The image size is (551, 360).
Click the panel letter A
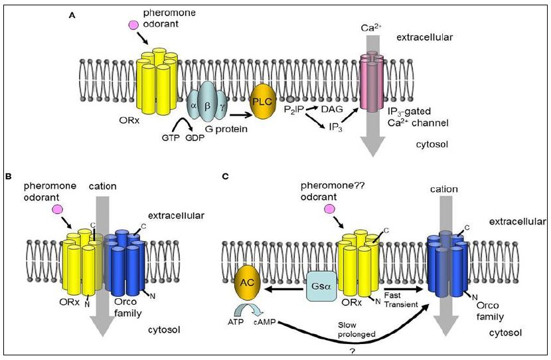(x=72, y=15)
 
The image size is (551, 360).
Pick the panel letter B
(x=9, y=177)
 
